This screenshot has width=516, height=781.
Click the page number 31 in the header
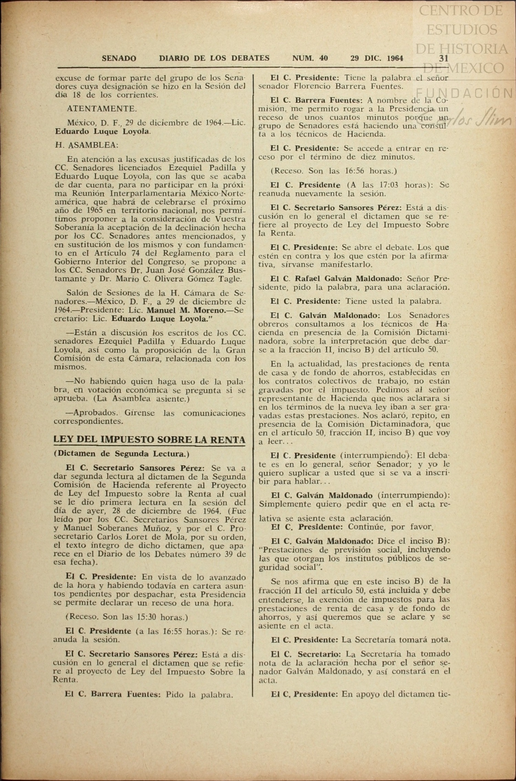click(x=444, y=58)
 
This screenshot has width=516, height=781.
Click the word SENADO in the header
click(x=119, y=59)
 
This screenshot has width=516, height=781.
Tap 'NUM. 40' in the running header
click(x=310, y=58)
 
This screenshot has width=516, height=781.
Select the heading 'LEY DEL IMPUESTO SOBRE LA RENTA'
click(x=149, y=440)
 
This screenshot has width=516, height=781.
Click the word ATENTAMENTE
click(x=102, y=109)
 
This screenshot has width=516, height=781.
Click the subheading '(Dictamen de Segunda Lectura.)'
click(x=121, y=454)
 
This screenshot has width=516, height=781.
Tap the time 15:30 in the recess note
click(x=148, y=617)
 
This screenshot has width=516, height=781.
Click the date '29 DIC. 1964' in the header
click(x=377, y=58)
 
